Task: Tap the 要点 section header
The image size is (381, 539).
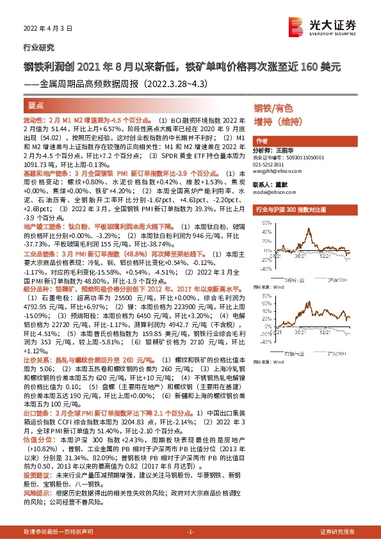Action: [x=36, y=105]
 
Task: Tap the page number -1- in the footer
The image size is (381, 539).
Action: [x=190, y=532]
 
